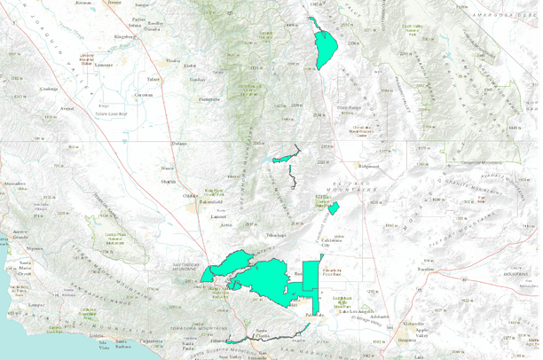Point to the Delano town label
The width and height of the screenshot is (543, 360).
[180, 144]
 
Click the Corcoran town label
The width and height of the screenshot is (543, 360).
[144, 93]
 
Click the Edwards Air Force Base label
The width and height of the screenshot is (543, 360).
[333, 271]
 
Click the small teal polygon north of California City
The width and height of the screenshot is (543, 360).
[334, 208]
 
